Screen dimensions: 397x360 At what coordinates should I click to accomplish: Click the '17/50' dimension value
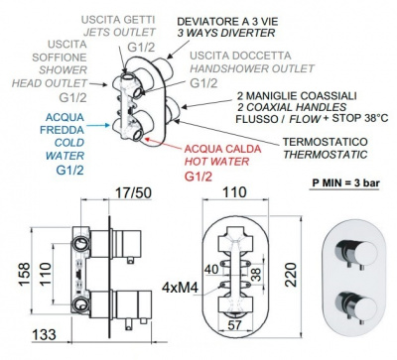coord(133,193)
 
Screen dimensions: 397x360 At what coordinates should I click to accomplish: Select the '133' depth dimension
coord(44,334)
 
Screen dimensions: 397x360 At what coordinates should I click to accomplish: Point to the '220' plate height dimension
coord(291,275)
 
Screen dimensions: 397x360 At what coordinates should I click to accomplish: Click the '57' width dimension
coord(234,325)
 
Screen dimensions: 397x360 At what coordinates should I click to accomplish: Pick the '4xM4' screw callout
coord(180,288)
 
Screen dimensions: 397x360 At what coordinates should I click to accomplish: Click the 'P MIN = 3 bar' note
coord(344,183)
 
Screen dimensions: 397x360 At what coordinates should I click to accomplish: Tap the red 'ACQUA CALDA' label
coord(222,149)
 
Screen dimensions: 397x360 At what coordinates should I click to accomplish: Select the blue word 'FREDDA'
coord(62,130)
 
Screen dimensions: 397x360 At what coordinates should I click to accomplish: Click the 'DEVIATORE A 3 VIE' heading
coord(227,22)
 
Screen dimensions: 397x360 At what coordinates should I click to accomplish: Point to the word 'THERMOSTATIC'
coord(326,155)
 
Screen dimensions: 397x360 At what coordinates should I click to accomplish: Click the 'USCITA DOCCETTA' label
coord(240,56)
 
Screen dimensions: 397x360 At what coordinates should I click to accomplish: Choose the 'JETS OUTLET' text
coord(119,32)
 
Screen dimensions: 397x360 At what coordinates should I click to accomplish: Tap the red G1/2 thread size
coord(198,177)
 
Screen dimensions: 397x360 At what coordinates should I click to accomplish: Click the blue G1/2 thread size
coord(69,170)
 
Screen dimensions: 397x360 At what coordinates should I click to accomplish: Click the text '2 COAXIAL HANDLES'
coord(292,107)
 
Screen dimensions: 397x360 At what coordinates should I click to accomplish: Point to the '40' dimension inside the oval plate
coord(211,269)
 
